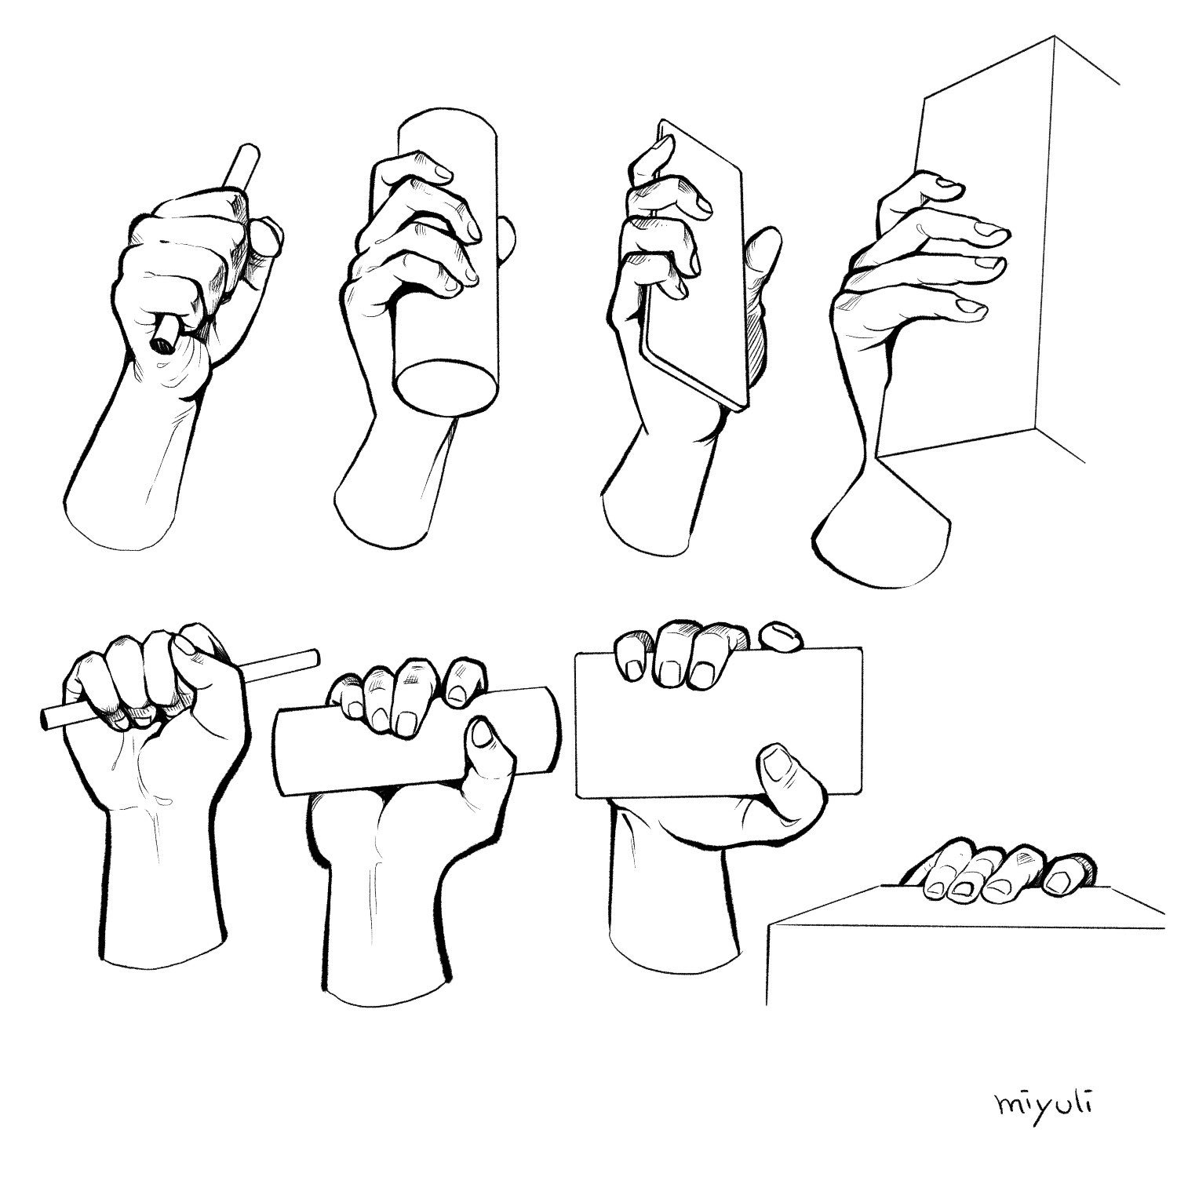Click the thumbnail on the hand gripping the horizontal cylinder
click(480, 735)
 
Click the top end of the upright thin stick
click(250, 149)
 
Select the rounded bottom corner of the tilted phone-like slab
click(738, 404)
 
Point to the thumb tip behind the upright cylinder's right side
click(508, 241)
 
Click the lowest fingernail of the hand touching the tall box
click(973, 308)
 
